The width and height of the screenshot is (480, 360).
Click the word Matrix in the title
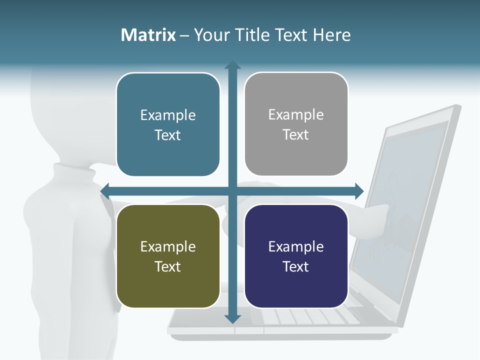[148, 35]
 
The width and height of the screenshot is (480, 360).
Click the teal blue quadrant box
[168, 124]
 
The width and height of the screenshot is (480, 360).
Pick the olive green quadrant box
[168, 256]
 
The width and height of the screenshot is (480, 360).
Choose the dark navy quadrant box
[296, 256]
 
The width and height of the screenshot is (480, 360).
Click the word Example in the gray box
[296, 115]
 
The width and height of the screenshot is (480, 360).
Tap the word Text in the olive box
[168, 266]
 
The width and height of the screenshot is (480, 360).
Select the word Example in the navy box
[296, 246]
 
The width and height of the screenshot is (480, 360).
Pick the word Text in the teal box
[168, 135]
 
